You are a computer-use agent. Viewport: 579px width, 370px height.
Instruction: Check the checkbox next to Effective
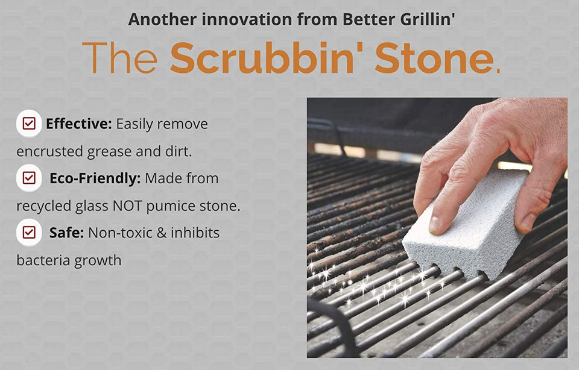28,124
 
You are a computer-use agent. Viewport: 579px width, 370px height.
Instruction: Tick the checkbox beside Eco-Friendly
28,178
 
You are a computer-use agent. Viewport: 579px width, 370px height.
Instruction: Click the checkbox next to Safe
28,232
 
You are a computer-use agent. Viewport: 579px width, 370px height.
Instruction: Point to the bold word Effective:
79,124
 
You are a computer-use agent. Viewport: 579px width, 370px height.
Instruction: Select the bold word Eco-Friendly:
95,178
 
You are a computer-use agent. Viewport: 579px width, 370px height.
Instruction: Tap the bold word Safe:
66,233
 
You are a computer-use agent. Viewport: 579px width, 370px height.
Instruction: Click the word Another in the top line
162,19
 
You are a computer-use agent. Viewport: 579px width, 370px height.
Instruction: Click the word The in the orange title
119,59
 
